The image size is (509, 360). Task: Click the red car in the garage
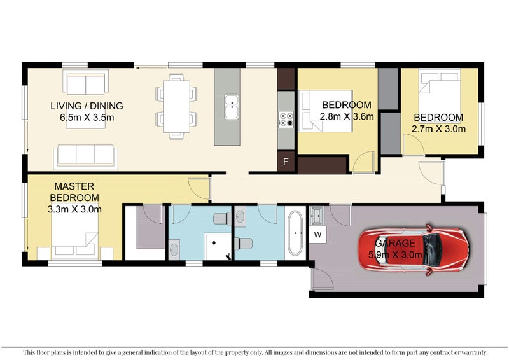tap(414, 249)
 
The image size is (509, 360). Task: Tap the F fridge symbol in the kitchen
tap(286, 162)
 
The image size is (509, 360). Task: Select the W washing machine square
tap(317, 234)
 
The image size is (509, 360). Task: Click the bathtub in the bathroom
tap(295, 233)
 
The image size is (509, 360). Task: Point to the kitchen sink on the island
tap(232, 107)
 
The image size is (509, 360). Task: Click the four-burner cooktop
tap(286, 119)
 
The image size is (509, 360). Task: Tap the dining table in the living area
tap(176, 106)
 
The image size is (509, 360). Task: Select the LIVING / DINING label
tap(87, 106)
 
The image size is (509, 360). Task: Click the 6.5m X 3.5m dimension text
tap(87, 117)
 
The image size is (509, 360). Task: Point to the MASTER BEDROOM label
tap(74, 192)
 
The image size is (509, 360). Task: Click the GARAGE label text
tap(394, 243)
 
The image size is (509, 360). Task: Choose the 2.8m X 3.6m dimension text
tap(347, 116)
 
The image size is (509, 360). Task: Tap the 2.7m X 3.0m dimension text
tap(438, 129)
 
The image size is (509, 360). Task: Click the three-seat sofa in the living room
tap(86, 157)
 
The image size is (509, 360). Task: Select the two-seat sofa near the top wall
tap(86, 84)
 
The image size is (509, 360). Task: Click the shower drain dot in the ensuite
tap(214, 242)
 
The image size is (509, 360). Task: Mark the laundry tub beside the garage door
tap(316, 216)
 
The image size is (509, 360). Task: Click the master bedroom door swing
tap(199, 189)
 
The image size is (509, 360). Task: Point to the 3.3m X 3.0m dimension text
tap(74, 209)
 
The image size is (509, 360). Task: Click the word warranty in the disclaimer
tap(477, 352)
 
